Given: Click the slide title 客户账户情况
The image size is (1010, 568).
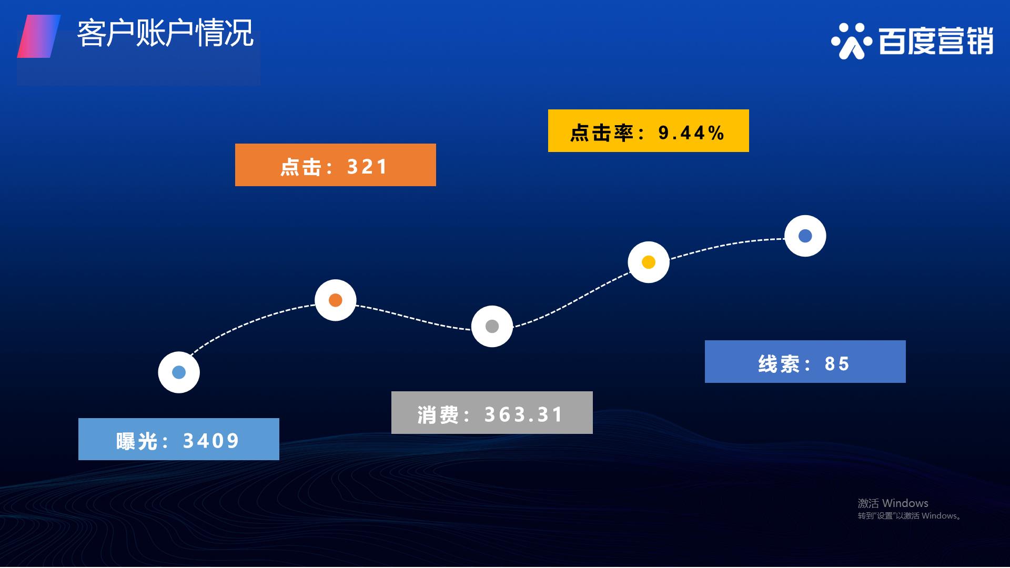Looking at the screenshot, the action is coord(166,34).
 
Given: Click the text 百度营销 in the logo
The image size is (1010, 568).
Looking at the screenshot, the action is coord(936,41).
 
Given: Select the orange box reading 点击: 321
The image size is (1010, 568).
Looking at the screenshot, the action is coord(336,165).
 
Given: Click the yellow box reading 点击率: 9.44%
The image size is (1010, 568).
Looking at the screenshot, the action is coord(649,131).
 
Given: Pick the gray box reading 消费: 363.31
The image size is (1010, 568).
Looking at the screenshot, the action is coord(492,412).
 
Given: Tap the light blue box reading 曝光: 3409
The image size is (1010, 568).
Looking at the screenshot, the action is coord(179,439).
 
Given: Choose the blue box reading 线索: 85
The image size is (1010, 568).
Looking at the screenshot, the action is coord(805,361).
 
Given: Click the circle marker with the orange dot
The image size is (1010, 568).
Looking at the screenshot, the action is coord(336,300).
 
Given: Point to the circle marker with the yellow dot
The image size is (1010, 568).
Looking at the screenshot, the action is coord(649,262).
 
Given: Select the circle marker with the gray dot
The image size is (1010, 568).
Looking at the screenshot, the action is coord(492,326).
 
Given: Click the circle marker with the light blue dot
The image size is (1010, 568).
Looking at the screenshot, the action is coord(179,372).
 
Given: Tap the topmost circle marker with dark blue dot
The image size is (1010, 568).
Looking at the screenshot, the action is coord(805,236).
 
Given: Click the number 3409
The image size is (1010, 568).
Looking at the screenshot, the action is coord(211,441).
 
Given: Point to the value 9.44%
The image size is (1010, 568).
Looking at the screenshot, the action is coord(692,133).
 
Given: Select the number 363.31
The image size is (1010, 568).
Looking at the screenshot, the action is coord(523,414).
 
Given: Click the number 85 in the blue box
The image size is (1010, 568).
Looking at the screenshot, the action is coord(837,363).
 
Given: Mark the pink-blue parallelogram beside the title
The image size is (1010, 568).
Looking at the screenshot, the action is coord(39,36).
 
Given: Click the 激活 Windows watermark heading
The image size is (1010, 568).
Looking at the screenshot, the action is coord(893,503).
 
